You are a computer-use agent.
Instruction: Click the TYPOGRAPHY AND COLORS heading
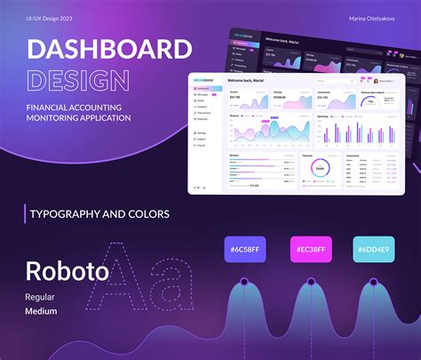click(x=99, y=213)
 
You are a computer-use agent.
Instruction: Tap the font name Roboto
click(x=67, y=271)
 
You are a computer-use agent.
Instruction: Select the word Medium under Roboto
click(x=41, y=311)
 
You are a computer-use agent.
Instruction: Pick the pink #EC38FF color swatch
click(x=312, y=250)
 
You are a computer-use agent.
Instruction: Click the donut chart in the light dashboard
click(x=320, y=167)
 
